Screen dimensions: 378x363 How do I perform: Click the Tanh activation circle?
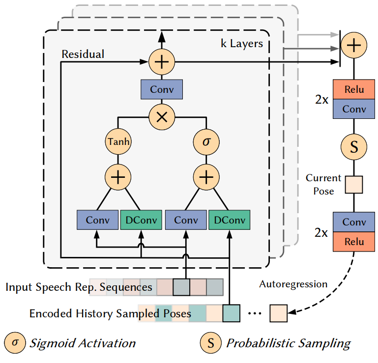[x=118, y=141]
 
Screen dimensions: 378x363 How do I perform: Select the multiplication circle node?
[x=162, y=117]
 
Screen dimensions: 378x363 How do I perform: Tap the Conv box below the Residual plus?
[x=162, y=89]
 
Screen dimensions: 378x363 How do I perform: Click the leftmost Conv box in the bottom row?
[x=98, y=220]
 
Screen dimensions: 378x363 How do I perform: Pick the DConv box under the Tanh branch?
[x=141, y=220]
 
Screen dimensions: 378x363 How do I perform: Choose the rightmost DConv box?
[x=230, y=220]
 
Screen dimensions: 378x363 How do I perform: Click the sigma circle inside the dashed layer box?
[x=206, y=141]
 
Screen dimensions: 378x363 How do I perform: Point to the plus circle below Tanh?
[x=118, y=177]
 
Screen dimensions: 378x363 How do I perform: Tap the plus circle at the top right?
[x=354, y=45]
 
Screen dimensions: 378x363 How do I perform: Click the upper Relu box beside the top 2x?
[x=354, y=89]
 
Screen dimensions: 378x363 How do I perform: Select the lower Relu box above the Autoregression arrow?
[x=354, y=242]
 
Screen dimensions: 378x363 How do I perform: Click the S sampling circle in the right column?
[x=354, y=147]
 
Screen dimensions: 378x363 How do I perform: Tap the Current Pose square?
[x=354, y=185]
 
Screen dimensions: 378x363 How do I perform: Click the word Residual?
[x=83, y=54]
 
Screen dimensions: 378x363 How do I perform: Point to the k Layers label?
[x=242, y=44]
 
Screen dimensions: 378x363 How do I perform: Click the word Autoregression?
[x=293, y=284]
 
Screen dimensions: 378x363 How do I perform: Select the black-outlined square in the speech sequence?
[x=181, y=287]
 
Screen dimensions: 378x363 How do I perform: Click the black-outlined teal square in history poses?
[x=231, y=313]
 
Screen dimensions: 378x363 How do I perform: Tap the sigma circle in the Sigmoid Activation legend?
[x=15, y=343]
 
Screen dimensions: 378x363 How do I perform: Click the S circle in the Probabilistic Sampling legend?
[x=211, y=343]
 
